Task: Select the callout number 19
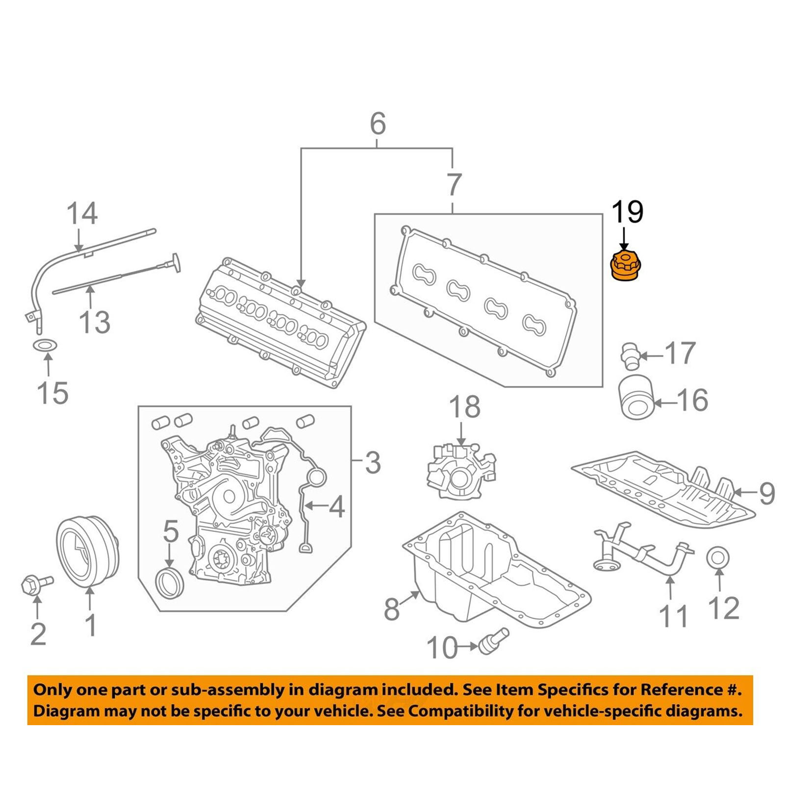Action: [x=627, y=212]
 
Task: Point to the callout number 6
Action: [x=378, y=124]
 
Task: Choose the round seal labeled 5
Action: [x=170, y=583]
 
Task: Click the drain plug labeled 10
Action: [x=494, y=640]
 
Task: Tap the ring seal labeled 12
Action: [x=718, y=558]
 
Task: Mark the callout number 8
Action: [x=392, y=609]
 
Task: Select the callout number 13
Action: [x=95, y=322]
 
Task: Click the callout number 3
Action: [x=373, y=462]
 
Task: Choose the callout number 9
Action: [x=767, y=493]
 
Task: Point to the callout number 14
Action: [x=82, y=213]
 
